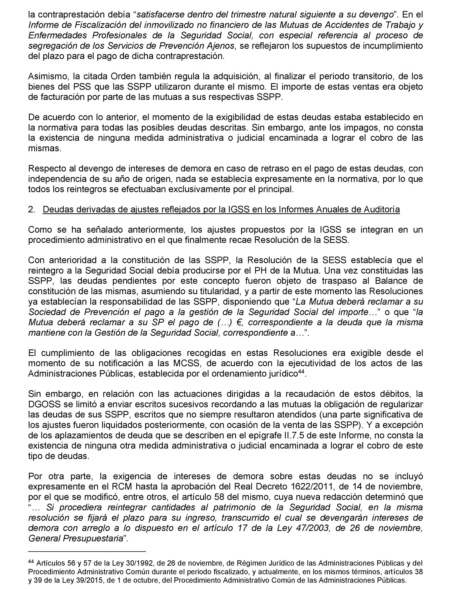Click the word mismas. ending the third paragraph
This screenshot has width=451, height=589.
(x=45, y=148)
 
